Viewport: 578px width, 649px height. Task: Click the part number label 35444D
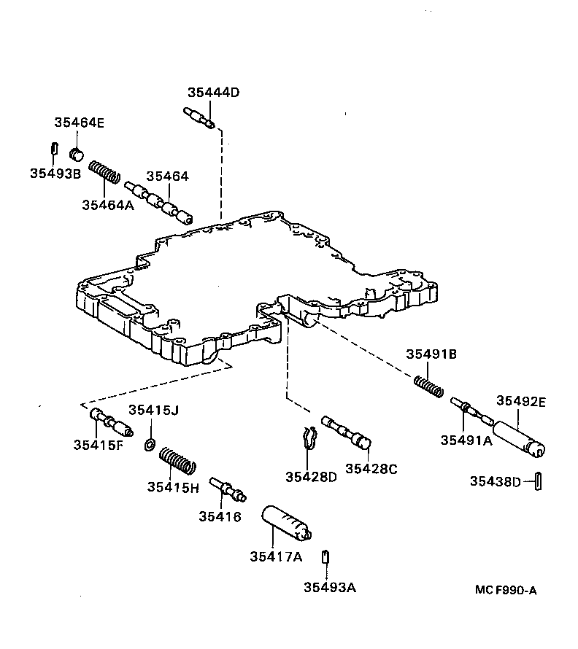pyautogui.click(x=213, y=93)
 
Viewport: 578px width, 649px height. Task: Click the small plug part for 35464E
pyautogui.click(x=76, y=153)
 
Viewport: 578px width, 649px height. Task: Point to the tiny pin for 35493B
pyautogui.click(x=54, y=148)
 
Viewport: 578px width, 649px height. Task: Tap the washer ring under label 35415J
pyautogui.click(x=150, y=444)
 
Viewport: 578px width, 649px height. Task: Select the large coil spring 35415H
pyautogui.click(x=178, y=462)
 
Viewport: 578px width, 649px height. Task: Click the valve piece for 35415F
pyautogui.click(x=109, y=422)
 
